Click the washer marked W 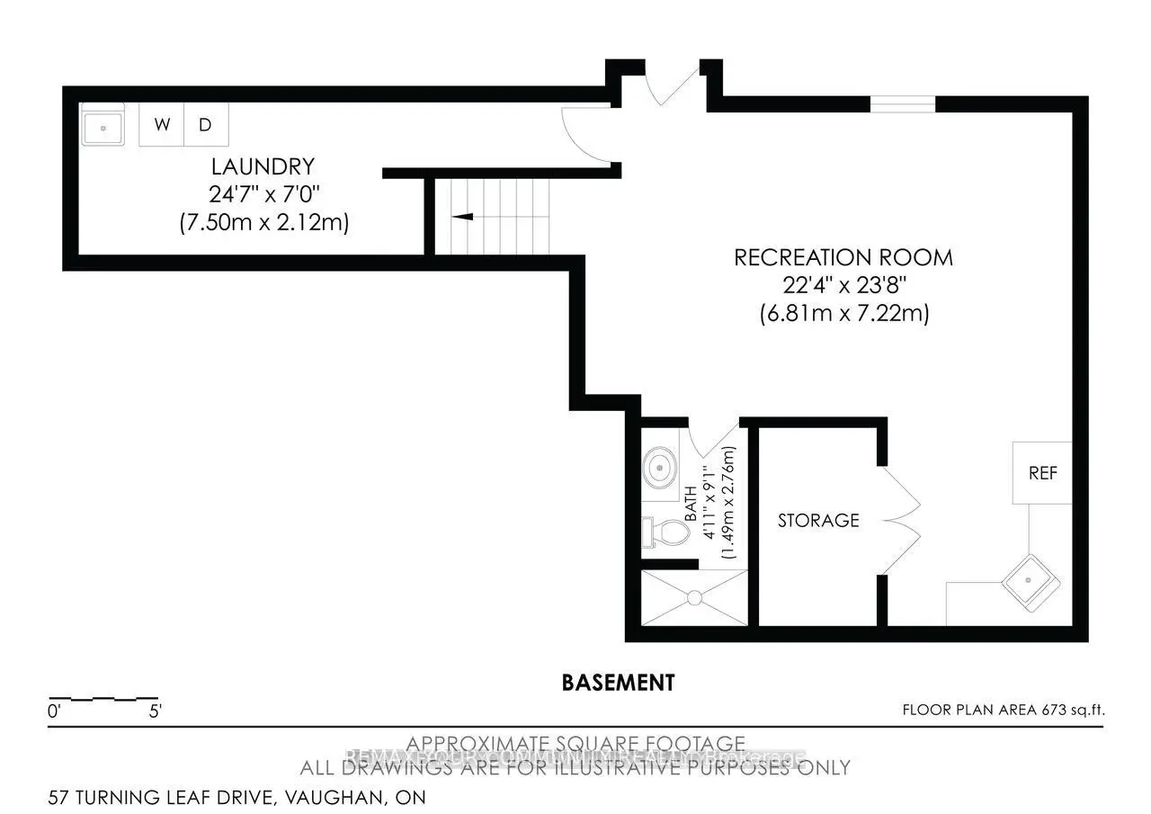[x=162, y=124]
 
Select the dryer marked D [x=206, y=124]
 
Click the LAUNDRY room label [x=263, y=166]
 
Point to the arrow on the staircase [x=463, y=216]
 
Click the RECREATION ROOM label [x=843, y=257]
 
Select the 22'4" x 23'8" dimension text [x=843, y=286]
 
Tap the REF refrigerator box [x=1042, y=473]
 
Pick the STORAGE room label [x=817, y=520]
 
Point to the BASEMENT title [x=618, y=683]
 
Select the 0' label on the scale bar [x=54, y=711]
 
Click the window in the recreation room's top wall [x=903, y=104]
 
